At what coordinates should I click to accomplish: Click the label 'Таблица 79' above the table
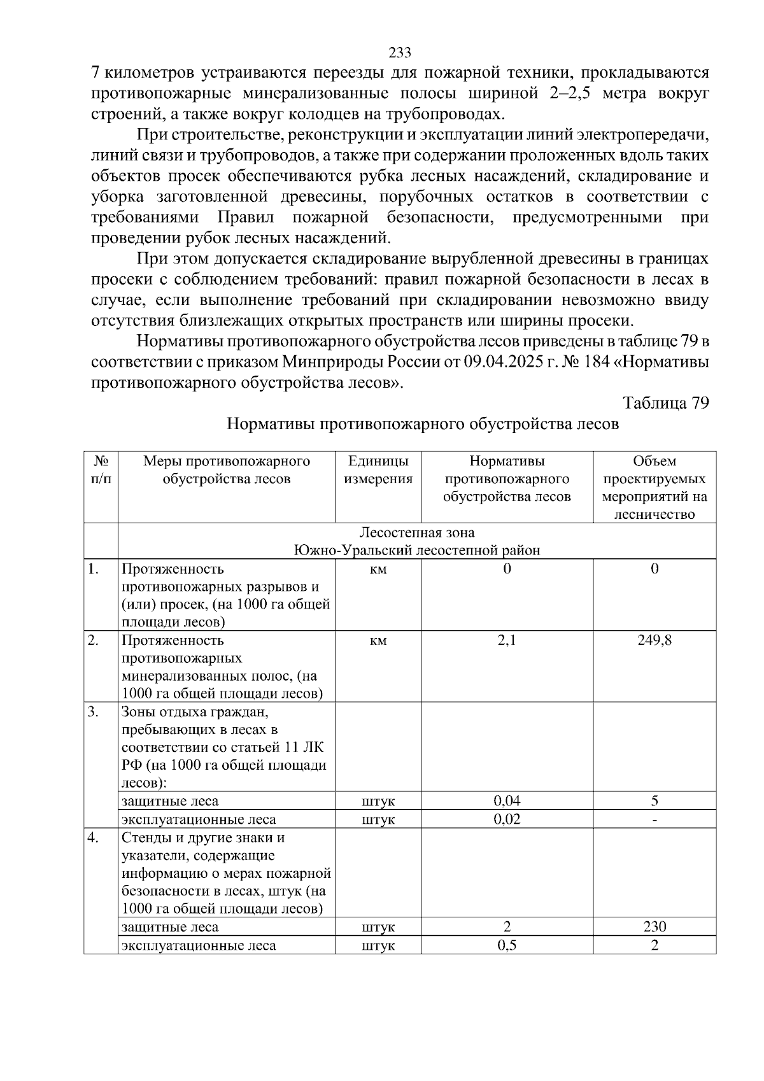pyautogui.click(x=665, y=404)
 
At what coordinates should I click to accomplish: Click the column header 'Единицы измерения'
pyautogui.click(x=378, y=470)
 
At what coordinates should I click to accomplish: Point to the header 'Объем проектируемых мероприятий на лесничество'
pyautogui.click(x=654, y=487)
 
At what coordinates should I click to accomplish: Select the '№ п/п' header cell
pyautogui.click(x=101, y=470)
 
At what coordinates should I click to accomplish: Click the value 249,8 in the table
pyautogui.click(x=654, y=640)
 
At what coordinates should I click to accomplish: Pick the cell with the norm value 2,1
pyautogui.click(x=507, y=640)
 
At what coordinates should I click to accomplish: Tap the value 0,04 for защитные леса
pyautogui.click(x=507, y=801)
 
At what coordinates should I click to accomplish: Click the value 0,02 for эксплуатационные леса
pyautogui.click(x=507, y=819)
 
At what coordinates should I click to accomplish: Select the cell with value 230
pyautogui.click(x=654, y=927)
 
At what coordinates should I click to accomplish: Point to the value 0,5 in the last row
pyautogui.click(x=507, y=945)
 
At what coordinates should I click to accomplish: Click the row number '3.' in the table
pyautogui.click(x=94, y=712)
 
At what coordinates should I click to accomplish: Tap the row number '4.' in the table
pyautogui.click(x=94, y=838)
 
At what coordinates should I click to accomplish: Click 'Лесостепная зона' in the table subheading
pyautogui.click(x=417, y=533)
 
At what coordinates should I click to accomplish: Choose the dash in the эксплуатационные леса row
pyautogui.click(x=654, y=820)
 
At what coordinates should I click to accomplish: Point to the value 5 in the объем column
pyautogui.click(x=654, y=801)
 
